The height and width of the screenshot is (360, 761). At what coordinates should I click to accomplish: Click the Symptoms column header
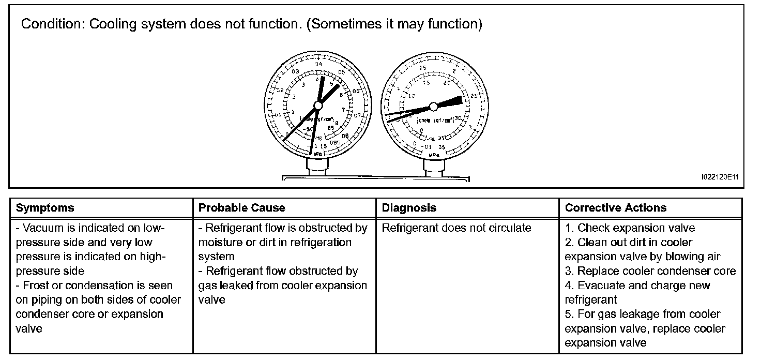[45, 208]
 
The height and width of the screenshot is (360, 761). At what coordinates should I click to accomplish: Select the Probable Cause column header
[241, 208]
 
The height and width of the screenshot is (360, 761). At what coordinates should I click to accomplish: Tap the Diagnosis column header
[409, 208]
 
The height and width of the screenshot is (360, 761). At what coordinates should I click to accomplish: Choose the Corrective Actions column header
[616, 208]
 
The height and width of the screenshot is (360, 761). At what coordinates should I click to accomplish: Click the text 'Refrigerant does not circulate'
[456, 228]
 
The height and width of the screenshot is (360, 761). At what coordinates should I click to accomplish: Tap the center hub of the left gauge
[318, 106]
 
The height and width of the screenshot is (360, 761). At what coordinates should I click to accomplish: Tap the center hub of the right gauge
[433, 106]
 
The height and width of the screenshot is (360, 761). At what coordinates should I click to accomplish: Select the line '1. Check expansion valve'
[630, 228]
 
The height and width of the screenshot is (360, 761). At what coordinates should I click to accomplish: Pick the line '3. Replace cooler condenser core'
[650, 271]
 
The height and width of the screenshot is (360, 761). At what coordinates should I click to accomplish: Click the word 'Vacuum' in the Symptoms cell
[43, 228]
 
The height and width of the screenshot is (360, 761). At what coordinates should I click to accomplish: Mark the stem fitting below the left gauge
[316, 167]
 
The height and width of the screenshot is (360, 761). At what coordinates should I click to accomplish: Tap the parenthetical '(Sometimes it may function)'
[394, 25]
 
